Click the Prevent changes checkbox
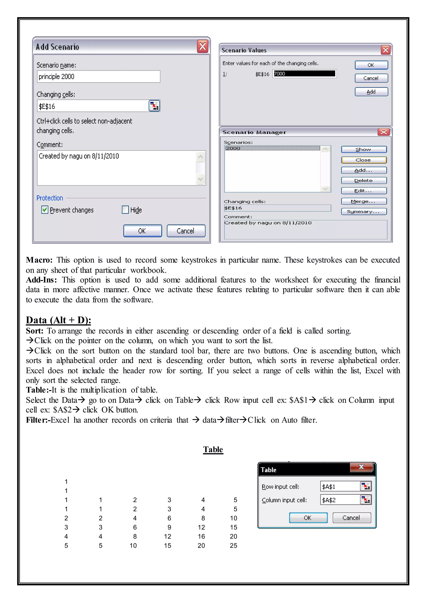(x=45, y=210)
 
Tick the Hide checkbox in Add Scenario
(x=125, y=210)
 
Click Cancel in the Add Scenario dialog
(x=186, y=231)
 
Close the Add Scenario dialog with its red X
(x=203, y=47)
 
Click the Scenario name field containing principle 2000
(x=98, y=77)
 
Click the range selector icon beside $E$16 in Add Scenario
(x=154, y=106)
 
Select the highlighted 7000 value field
(x=304, y=74)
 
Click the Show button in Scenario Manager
(x=364, y=150)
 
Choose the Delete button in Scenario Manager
(x=364, y=181)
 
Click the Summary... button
(x=364, y=211)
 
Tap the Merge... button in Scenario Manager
(x=364, y=201)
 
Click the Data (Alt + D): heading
(x=58, y=320)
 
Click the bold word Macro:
(x=39, y=260)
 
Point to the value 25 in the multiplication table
(x=233, y=546)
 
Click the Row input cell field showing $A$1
(x=340, y=487)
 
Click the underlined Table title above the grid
(x=213, y=449)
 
